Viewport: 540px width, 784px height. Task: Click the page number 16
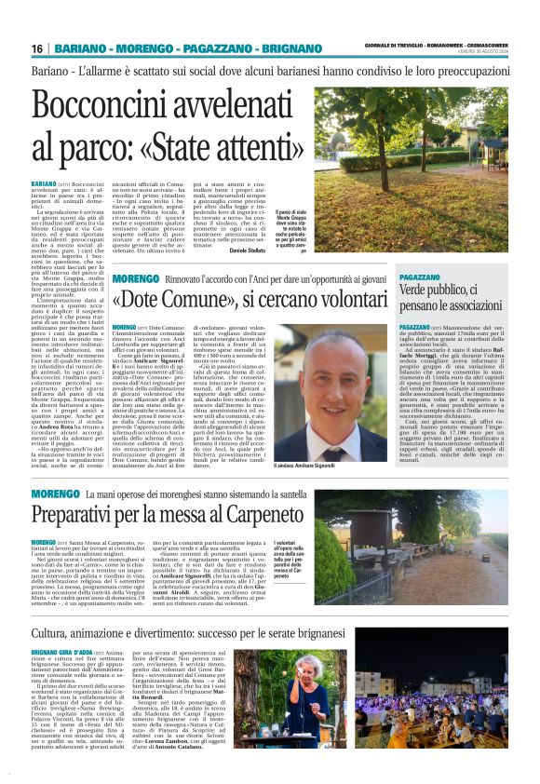pyautogui.click(x=37, y=48)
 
